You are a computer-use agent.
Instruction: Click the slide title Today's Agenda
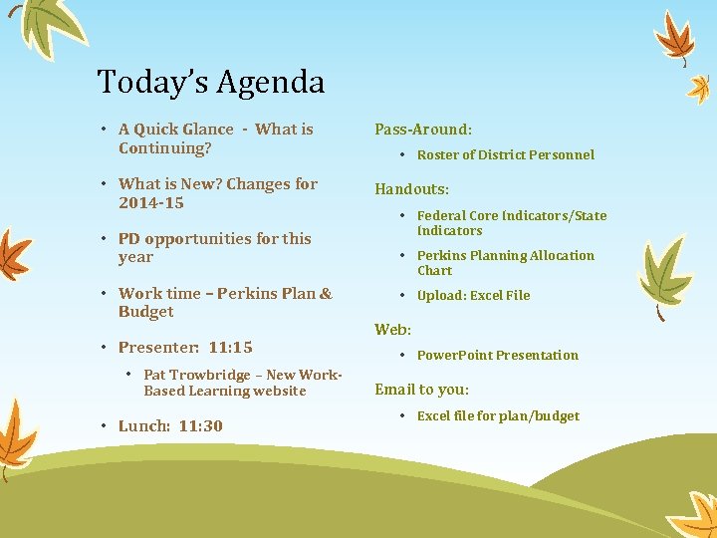click(211, 82)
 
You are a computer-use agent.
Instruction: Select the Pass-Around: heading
click(422, 130)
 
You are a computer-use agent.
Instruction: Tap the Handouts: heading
click(411, 188)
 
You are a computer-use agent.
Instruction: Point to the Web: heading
click(392, 329)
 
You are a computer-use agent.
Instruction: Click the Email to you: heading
click(421, 390)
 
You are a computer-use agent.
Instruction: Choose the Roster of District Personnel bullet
click(505, 154)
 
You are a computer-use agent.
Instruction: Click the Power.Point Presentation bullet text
click(497, 355)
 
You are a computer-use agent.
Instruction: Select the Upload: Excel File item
click(473, 295)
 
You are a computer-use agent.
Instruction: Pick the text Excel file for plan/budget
click(498, 415)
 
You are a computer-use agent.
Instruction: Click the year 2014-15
click(150, 203)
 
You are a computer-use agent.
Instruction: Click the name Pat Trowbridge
click(196, 375)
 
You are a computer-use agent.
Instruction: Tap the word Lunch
click(143, 426)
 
